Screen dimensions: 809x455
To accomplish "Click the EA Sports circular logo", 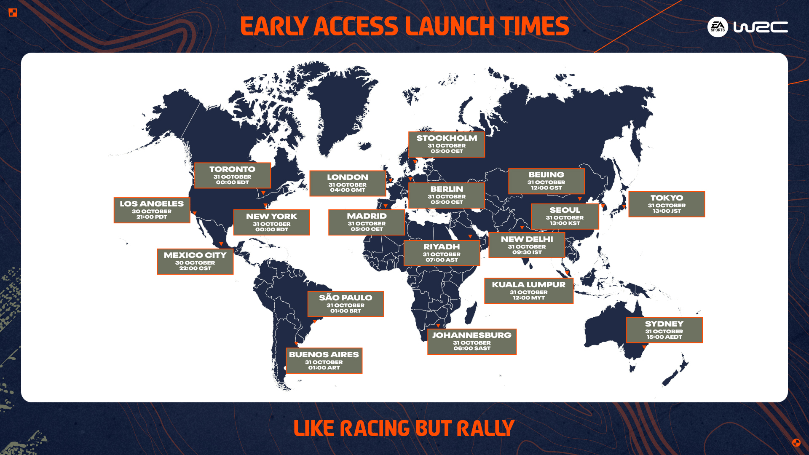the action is tap(718, 27).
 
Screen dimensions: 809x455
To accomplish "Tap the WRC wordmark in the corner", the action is tap(761, 27).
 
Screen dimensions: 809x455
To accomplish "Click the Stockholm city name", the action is tap(447, 138).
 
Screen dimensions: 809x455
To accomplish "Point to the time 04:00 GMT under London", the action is tap(348, 190).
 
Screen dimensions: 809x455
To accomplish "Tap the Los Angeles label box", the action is tap(152, 210).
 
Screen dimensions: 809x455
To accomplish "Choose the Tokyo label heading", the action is tap(667, 198).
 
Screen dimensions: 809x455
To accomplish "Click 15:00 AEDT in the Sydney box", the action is tap(664, 337).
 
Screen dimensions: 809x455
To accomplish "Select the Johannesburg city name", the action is tap(471, 335).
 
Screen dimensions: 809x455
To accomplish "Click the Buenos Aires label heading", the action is tap(324, 355).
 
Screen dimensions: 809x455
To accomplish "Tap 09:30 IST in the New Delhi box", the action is tap(527, 252).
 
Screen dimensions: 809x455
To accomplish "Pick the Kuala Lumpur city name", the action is tap(528, 285).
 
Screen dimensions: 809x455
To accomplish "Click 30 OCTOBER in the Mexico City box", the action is tap(195, 263).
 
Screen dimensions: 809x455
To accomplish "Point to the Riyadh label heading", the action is tap(442, 247).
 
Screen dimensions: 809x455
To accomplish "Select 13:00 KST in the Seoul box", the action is tap(565, 223).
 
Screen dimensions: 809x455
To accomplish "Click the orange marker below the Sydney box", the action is tap(644, 347).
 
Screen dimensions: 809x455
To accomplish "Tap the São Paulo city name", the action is tap(346, 298).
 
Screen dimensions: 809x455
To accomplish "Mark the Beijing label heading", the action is tap(546, 175).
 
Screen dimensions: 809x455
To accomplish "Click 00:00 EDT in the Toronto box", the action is tap(232, 182).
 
